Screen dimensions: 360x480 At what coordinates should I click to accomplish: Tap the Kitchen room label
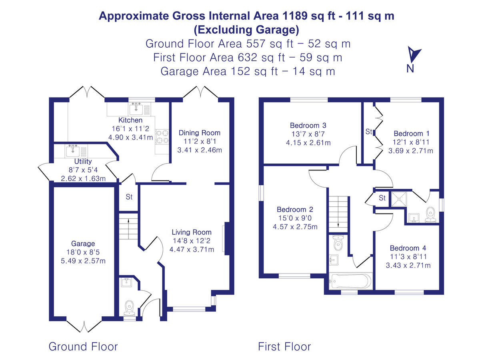tap(130, 120)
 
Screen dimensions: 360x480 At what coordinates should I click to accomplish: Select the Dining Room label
tap(199, 133)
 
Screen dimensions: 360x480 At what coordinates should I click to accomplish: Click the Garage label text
tap(83, 244)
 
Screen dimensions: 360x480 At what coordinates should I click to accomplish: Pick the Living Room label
tap(192, 232)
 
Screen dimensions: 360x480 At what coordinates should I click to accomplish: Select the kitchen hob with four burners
tap(162, 137)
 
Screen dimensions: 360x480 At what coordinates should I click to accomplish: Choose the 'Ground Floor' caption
tap(83, 346)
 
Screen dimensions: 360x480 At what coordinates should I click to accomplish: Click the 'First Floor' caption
tap(284, 346)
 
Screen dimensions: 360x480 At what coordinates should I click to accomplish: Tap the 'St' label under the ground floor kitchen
tap(129, 197)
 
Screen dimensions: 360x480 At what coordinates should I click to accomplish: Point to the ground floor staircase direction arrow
tap(128, 220)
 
